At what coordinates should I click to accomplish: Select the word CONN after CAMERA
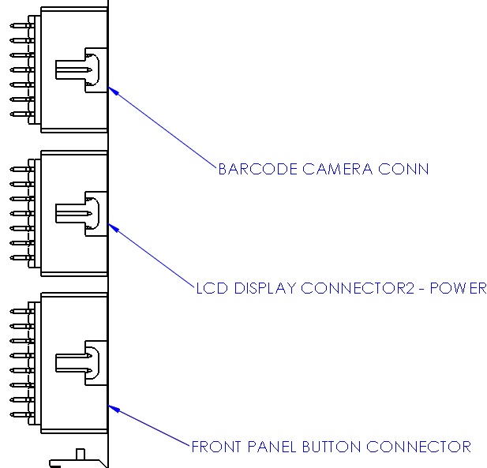click(x=407, y=169)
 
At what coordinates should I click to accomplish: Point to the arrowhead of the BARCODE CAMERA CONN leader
click(x=113, y=89)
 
